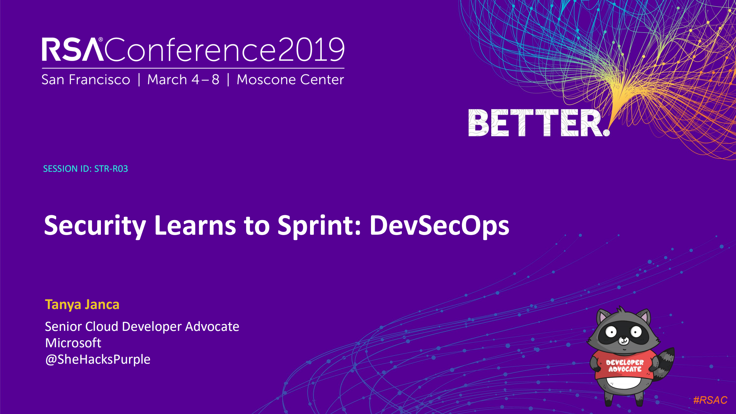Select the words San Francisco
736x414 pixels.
86,80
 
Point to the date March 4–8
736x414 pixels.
183,80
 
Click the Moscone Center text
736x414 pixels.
290,80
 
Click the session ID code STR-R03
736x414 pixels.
111,169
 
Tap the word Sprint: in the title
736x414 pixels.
319,226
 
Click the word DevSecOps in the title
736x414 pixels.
439,226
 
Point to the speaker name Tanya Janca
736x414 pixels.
82,304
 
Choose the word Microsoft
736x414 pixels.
73,343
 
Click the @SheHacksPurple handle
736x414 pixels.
98,359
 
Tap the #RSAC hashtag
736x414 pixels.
710,400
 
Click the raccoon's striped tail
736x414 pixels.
665,363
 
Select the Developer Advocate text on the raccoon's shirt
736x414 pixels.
625,366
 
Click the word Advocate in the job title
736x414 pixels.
212,327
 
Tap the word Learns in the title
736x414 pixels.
195,226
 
